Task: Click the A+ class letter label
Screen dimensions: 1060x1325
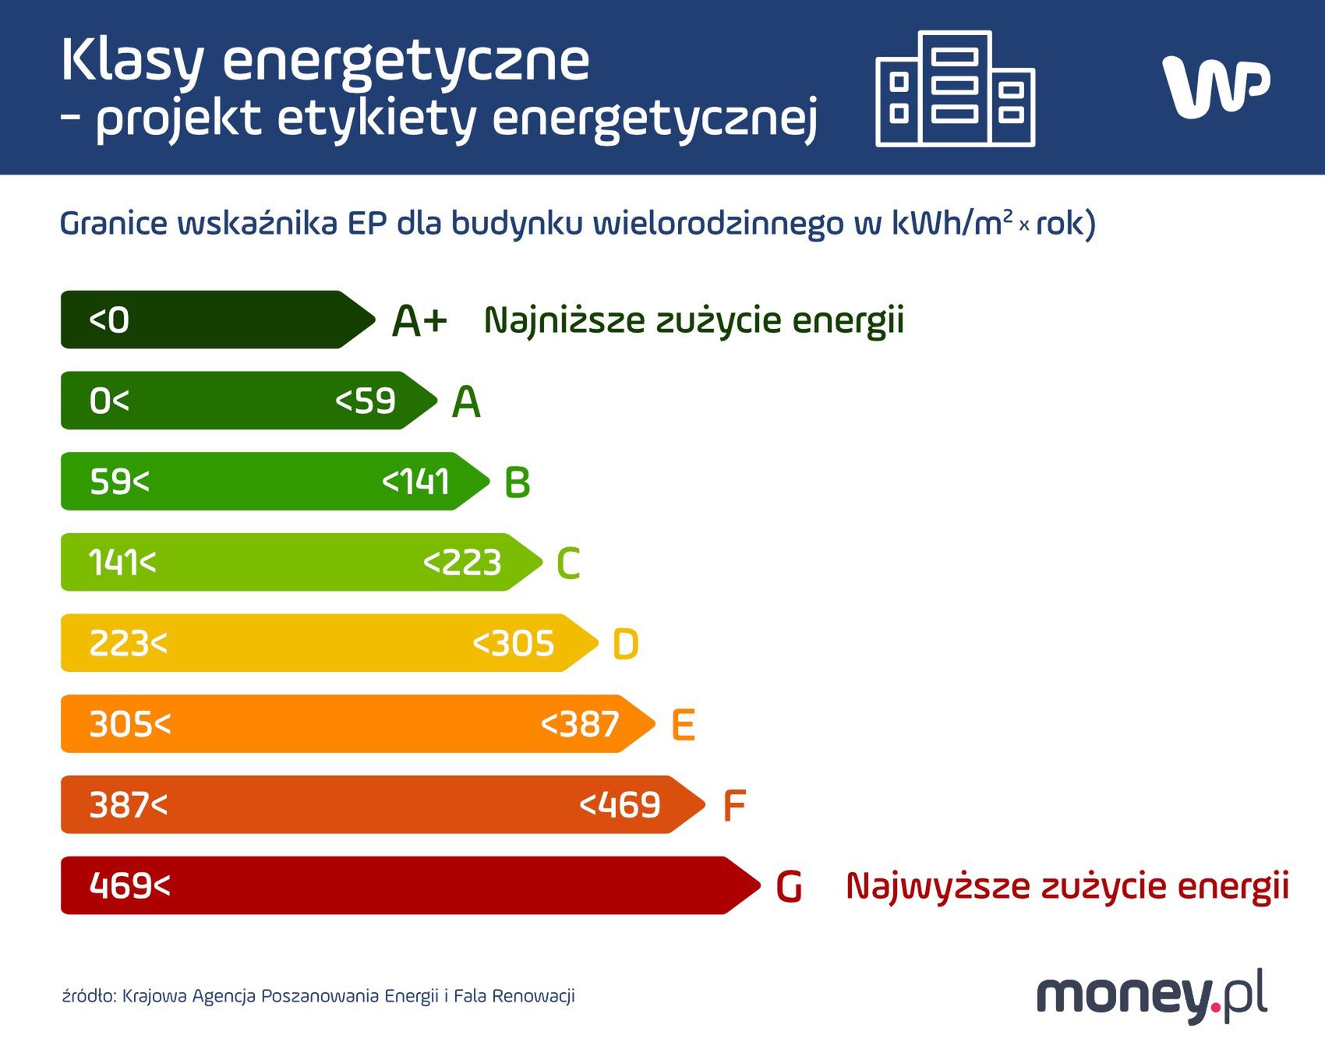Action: [419, 321]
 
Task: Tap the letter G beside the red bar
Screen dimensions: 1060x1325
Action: [789, 887]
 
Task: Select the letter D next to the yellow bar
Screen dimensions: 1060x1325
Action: [626, 645]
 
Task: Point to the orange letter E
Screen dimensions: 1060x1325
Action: [684, 726]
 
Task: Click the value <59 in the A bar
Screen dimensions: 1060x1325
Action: [366, 401]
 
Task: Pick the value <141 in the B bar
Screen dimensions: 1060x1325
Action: [415, 482]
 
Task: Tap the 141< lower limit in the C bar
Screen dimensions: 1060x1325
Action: [122, 563]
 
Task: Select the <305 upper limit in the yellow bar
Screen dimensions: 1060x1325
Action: [514, 644]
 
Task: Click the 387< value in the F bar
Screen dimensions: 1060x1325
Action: [129, 805]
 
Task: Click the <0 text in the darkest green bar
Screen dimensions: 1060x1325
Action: [109, 320]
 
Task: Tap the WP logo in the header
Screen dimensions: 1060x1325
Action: [1215, 87]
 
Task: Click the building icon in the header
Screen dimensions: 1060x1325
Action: [956, 89]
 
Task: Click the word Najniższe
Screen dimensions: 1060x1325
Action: [564, 320]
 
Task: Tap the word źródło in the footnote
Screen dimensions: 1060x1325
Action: [89, 996]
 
